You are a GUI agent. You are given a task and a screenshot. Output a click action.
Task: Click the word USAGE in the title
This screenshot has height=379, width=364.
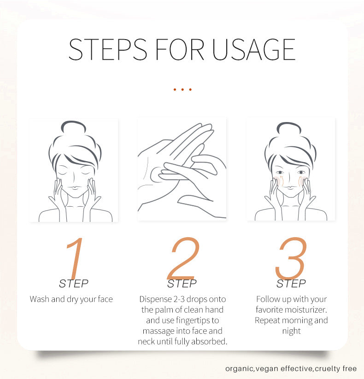254,49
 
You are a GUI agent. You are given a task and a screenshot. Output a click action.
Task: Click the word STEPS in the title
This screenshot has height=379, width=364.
108,49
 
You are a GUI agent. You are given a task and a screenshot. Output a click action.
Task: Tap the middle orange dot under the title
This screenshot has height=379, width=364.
182,89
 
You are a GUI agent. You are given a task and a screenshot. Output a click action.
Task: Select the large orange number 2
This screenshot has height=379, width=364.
183,258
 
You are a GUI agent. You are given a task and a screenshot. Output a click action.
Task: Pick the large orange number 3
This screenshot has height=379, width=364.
291,258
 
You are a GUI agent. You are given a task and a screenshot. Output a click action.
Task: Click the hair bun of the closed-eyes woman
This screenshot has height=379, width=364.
73,127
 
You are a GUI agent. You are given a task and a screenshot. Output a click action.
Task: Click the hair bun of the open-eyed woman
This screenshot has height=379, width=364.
289,128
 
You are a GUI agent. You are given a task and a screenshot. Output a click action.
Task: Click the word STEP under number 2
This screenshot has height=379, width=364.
182,284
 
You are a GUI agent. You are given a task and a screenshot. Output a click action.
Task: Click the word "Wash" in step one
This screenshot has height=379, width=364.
40,299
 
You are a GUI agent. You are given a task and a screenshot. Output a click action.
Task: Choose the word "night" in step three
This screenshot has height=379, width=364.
292,331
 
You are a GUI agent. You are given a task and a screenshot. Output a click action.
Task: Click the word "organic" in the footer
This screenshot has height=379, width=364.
240,369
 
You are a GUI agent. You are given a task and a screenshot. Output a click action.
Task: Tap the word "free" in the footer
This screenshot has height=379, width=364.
350,368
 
